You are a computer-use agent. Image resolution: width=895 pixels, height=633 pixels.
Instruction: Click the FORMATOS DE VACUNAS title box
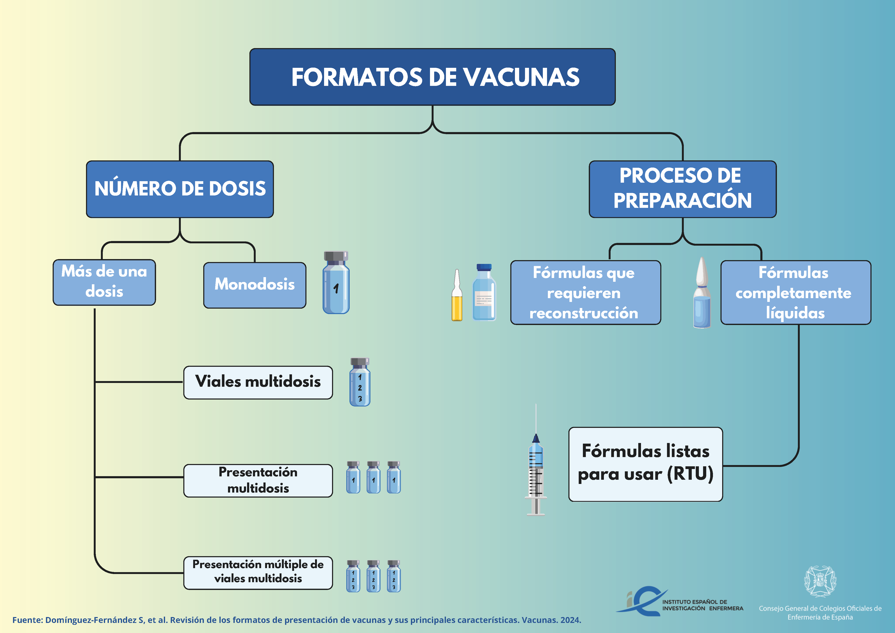[432, 77]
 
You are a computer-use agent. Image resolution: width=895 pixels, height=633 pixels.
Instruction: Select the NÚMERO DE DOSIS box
[180, 189]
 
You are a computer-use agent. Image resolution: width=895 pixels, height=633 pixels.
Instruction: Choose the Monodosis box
[255, 285]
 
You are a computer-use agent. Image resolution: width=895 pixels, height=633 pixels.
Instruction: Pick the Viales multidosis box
[258, 382]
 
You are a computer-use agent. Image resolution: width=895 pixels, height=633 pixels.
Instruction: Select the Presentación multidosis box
[258, 480]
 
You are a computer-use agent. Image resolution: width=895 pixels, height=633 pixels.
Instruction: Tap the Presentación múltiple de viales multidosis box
[258, 573]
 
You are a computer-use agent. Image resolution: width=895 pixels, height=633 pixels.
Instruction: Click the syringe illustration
[536, 468]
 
